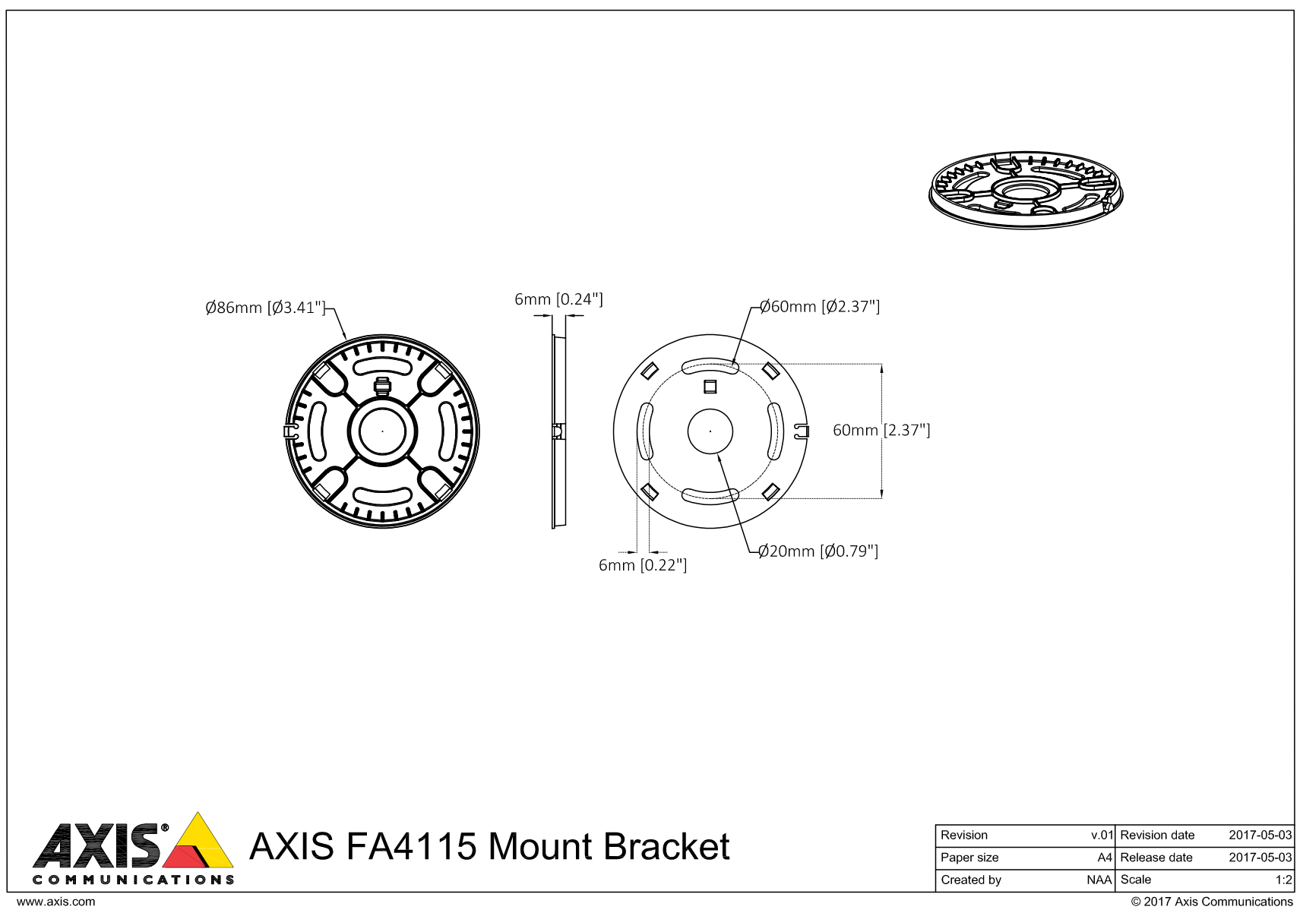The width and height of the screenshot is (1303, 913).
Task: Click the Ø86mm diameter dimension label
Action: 264,308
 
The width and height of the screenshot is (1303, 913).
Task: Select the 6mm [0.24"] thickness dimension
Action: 558,299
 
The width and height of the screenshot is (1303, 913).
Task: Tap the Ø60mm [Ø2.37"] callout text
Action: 820,307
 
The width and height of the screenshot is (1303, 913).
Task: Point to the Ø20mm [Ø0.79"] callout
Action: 818,551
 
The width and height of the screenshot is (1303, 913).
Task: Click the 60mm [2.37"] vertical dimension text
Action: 881,431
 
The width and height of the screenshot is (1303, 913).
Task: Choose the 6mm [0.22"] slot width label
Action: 643,565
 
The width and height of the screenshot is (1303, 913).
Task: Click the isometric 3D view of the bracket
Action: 1026,190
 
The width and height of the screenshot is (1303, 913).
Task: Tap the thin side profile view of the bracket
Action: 558,431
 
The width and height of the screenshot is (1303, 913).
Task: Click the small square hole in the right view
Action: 710,387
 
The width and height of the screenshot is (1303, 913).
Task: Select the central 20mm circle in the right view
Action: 710,431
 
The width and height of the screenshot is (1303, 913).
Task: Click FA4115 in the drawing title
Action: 411,846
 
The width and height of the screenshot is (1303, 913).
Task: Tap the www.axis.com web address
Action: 56,902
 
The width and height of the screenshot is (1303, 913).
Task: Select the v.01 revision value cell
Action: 1102,836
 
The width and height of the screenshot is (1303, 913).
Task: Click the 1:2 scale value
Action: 1283,880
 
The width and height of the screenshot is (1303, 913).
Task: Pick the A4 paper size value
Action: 1105,858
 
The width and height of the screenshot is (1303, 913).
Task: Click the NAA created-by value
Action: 1099,880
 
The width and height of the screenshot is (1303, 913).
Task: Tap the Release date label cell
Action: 1156,858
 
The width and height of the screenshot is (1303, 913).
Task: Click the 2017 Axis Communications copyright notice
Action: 1212,902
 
